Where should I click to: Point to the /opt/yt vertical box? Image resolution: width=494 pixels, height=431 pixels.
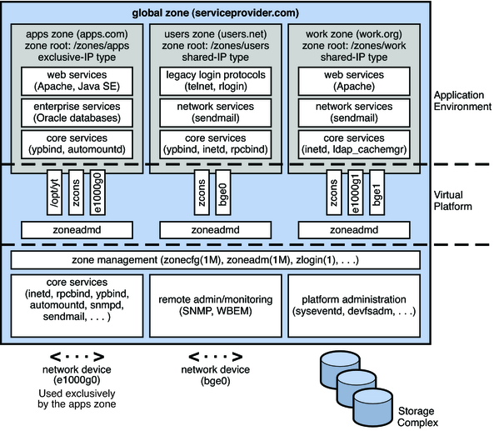54,192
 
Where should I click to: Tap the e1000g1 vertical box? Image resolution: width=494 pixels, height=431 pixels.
357,192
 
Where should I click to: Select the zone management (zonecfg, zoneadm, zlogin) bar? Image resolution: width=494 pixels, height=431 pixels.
215,260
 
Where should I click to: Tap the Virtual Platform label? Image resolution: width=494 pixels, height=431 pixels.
455,200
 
